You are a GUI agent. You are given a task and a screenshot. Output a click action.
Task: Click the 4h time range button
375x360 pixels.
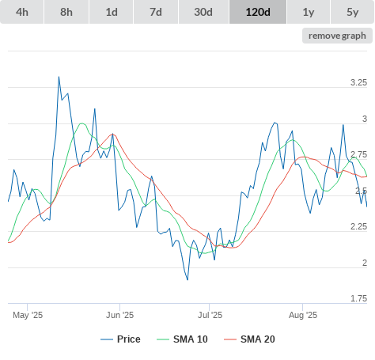point(22,12)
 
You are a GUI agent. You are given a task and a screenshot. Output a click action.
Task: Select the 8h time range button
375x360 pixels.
point(66,12)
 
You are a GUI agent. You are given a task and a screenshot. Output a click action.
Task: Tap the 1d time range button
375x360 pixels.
point(112,12)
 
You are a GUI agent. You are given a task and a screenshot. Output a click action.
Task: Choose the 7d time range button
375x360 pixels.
point(156,12)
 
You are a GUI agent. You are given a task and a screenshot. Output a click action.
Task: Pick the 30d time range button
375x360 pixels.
point(203,12)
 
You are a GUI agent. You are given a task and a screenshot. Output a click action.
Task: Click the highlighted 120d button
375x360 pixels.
point(258,12)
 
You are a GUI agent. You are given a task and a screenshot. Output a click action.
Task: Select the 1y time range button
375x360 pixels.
point(309,12)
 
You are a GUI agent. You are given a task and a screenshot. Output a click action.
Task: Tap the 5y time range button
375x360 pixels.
point(352,12)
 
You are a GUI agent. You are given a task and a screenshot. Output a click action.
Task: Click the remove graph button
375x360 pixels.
point(337,36)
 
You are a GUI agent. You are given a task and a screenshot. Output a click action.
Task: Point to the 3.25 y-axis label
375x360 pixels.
point(358,82)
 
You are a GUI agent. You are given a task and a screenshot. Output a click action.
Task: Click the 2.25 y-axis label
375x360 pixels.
point(358,226)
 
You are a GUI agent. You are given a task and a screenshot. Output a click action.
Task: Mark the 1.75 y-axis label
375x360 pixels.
point(358,298)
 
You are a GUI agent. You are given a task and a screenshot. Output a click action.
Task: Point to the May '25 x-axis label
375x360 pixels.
point(28,315)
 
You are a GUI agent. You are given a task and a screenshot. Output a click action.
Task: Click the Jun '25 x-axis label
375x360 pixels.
point(119,315)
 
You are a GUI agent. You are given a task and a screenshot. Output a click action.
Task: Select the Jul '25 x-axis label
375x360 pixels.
point(210,315)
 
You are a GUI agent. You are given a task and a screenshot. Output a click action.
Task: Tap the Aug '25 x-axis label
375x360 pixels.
point(303,315)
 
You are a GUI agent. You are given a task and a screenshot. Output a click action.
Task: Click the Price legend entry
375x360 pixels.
point(120,339)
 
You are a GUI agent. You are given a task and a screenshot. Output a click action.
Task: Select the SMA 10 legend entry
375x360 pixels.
point(182,339)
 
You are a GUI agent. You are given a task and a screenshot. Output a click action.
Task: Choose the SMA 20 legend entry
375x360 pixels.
point(249,339)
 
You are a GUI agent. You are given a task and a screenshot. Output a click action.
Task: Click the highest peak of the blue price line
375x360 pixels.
point(59,77)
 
